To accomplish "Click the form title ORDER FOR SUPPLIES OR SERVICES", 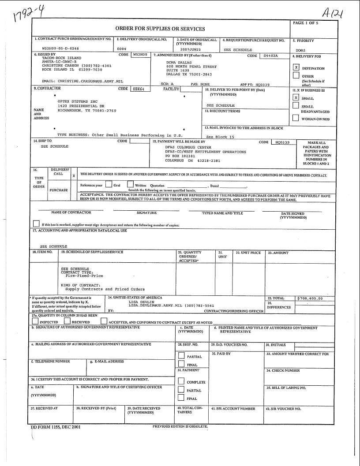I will [160, 29].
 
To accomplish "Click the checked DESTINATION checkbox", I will [296, 68].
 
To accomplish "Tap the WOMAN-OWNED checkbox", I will [296, 118].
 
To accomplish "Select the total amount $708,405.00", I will [310, 298].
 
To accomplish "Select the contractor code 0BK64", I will [141, 89].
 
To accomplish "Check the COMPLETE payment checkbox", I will [181, 381].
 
